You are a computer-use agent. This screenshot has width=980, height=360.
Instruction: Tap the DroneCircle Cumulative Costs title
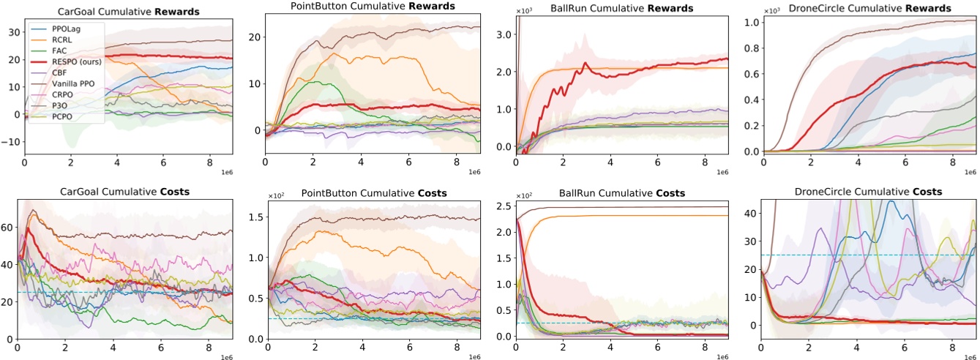tap(868, 192)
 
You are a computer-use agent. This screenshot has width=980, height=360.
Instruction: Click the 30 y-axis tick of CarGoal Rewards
tap(10, 32)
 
